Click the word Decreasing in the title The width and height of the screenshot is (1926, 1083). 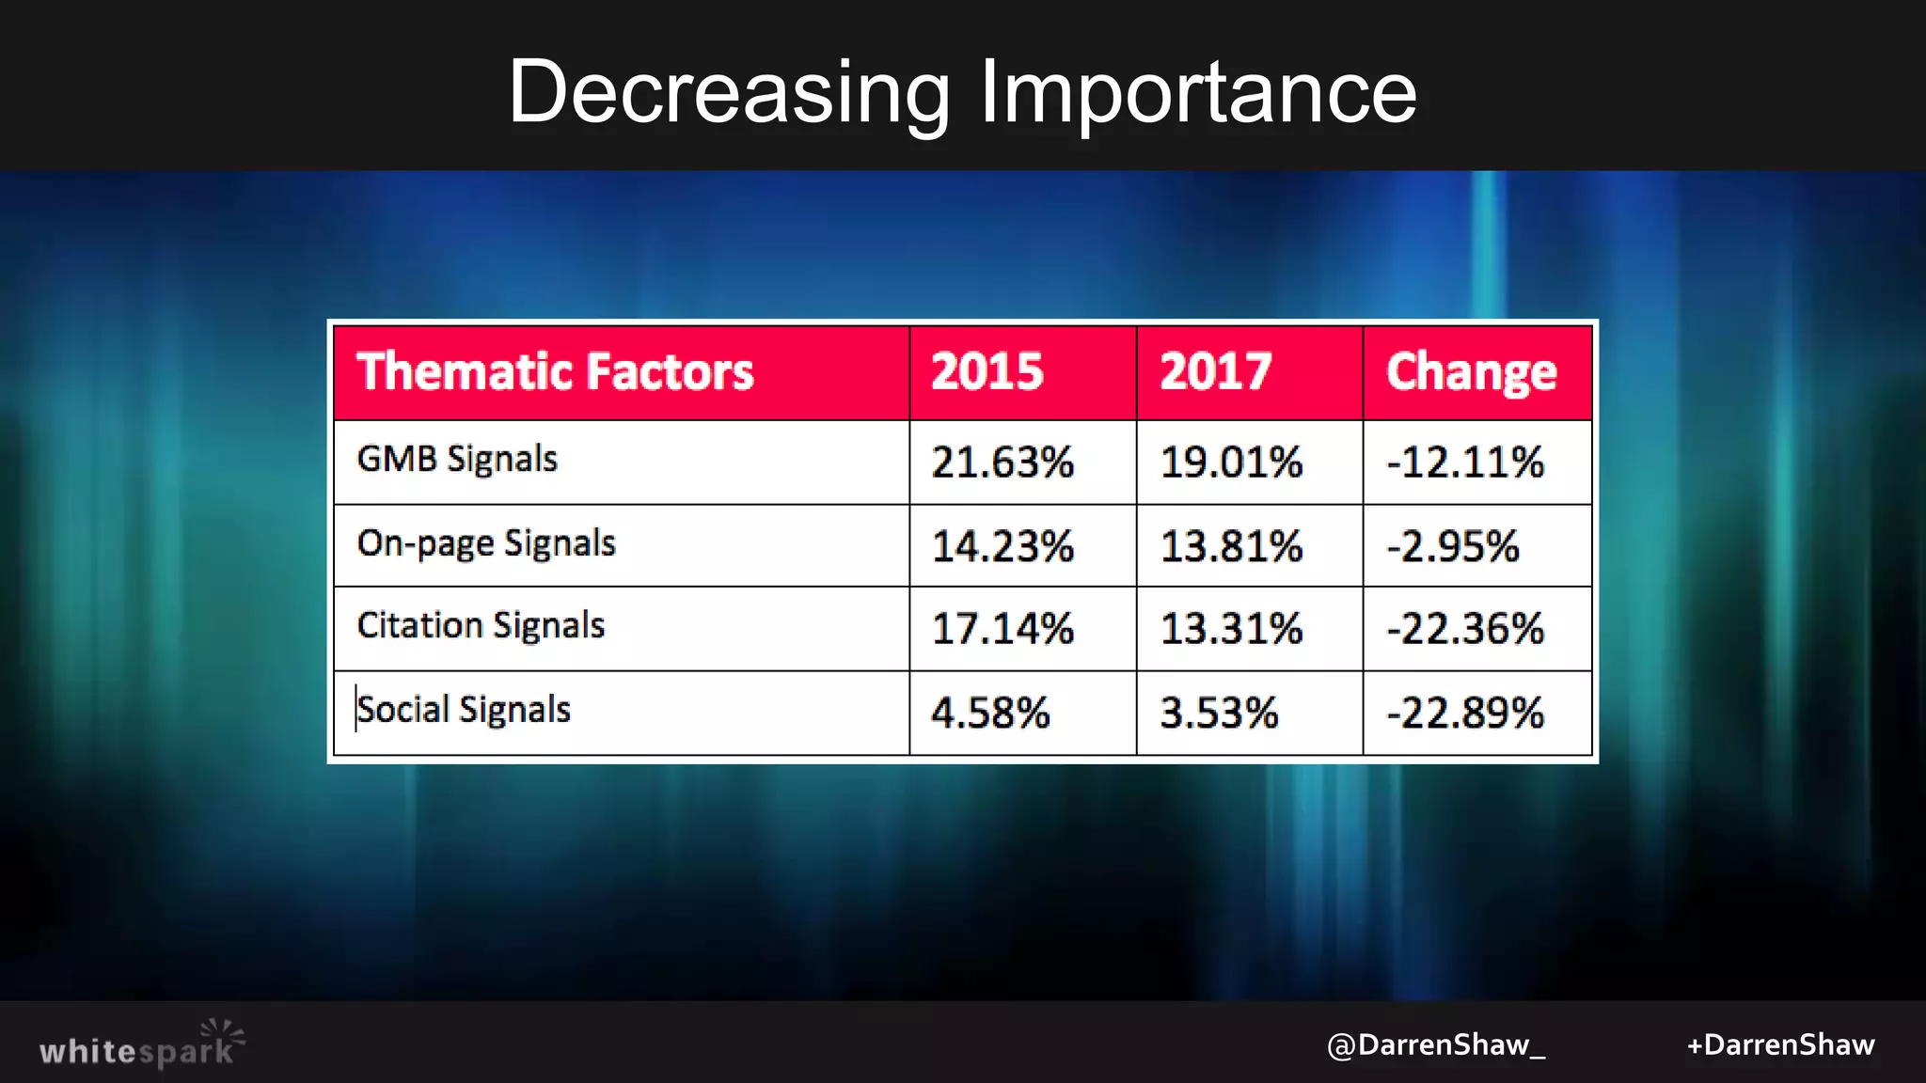730,92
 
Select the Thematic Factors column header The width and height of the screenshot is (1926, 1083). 555,371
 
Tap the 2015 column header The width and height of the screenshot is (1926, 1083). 987,371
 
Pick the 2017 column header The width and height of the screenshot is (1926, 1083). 1215,371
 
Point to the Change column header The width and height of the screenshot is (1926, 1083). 1471,371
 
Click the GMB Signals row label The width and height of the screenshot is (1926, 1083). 457,459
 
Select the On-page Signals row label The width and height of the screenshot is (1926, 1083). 486,543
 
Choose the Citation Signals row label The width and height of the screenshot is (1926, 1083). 481,626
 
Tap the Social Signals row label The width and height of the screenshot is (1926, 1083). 464,710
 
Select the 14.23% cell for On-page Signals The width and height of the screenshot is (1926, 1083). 1002,546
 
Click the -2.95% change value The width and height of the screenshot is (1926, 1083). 1453,546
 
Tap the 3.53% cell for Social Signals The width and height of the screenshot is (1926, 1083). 1219,713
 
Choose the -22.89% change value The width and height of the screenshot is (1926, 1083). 1465,713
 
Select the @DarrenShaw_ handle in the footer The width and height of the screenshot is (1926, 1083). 1435,1045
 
